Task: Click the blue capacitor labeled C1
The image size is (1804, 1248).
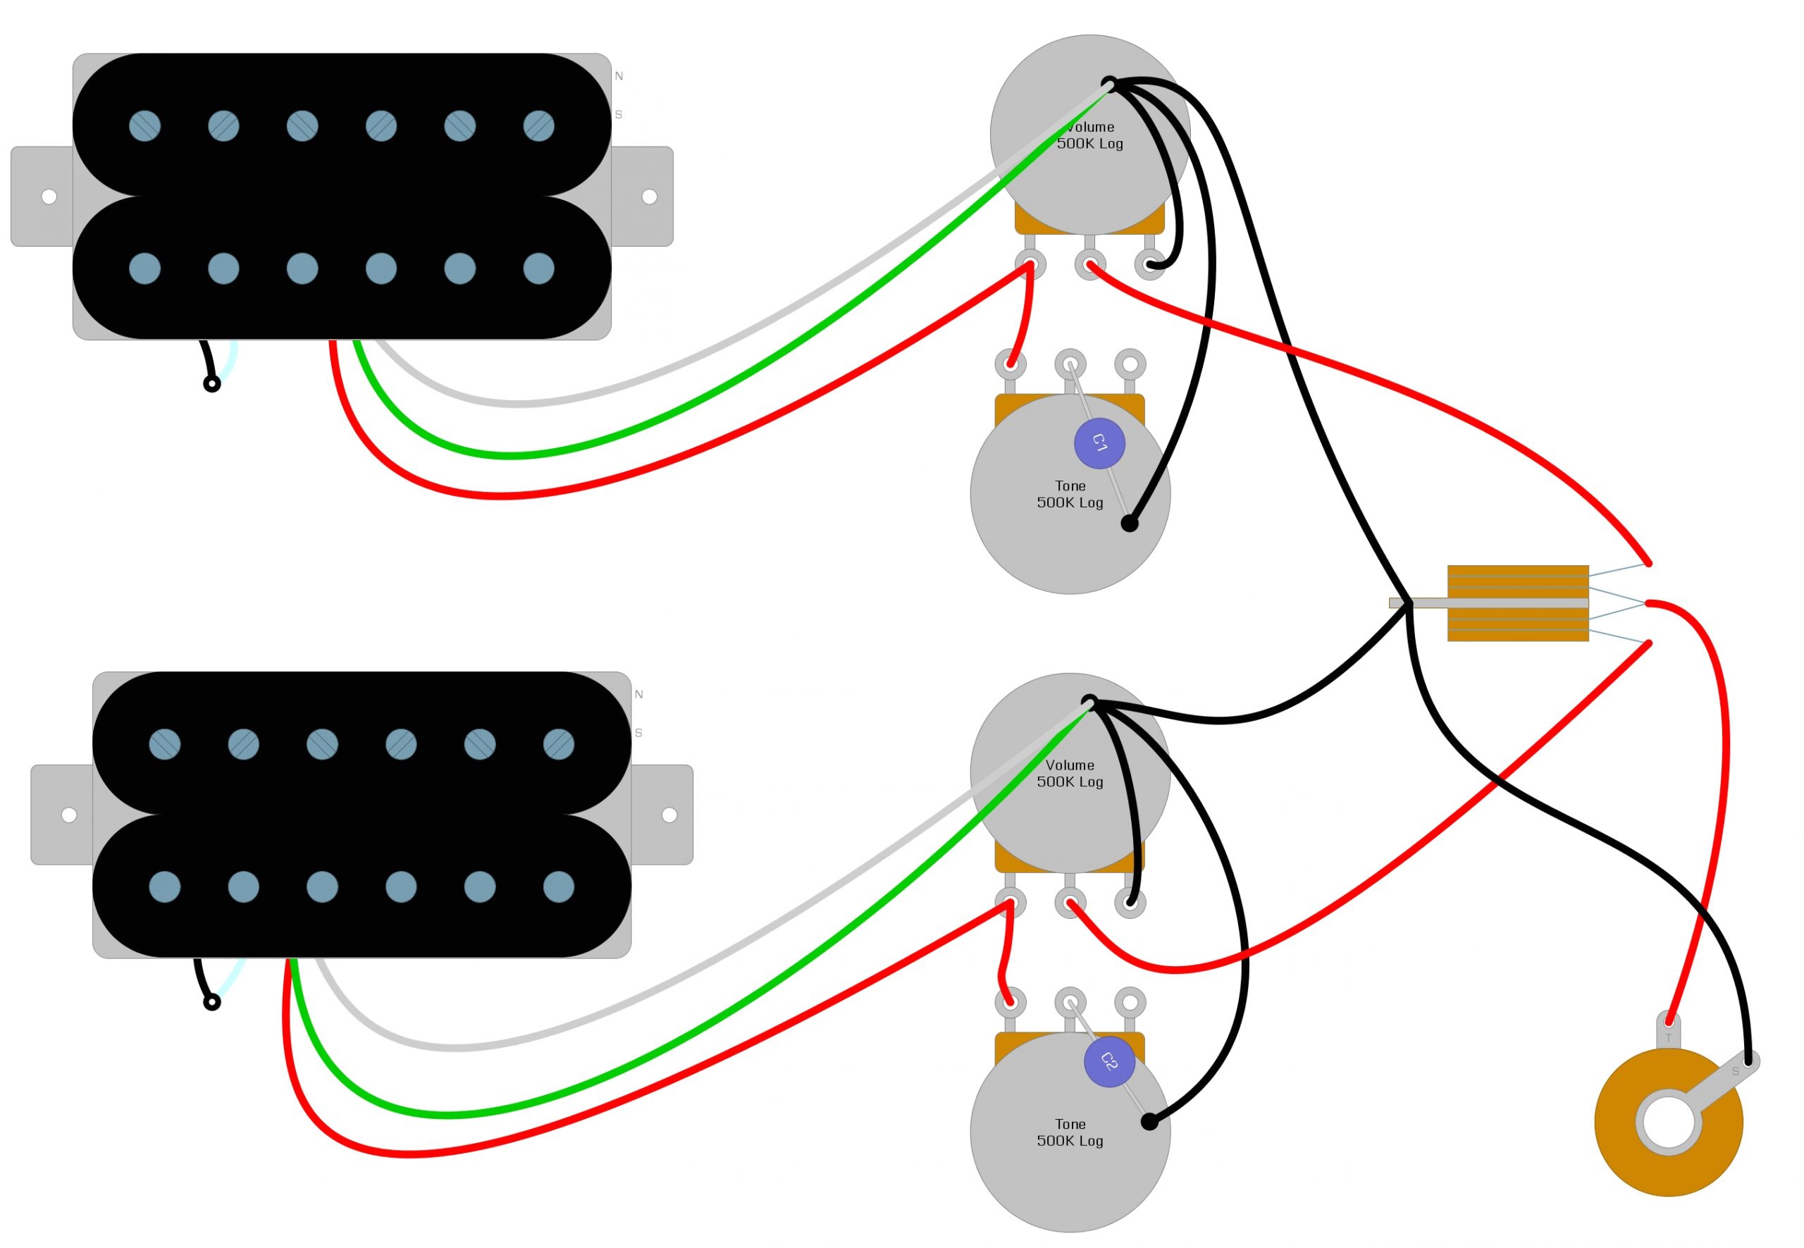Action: click(x=1099, y=443)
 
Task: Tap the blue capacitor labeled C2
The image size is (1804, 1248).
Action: click(x=1109, y=1061)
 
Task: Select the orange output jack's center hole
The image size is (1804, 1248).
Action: click(x=1668, y=1123)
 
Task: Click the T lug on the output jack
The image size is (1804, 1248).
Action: click(x=1668, y=1031)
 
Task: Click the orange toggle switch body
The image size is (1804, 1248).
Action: click(x=1517, y=603)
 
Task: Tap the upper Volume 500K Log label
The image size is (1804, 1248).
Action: click(x=1089, y=135)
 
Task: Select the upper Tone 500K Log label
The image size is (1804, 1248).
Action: click(x=1069, y=494)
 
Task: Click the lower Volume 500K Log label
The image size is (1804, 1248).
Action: click(x=1069, y=773)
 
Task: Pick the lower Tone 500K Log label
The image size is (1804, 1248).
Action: click(x=1069, y=1132)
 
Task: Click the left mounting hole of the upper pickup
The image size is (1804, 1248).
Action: click(x=49, y=197)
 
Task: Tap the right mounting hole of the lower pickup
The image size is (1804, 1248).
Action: click(x=669, y=815)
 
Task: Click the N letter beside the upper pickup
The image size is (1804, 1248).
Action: click(x=619, y=76)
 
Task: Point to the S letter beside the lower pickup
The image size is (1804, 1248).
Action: click(x=638, y=733)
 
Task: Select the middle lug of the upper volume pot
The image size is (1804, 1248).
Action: click(x=1089, y=264)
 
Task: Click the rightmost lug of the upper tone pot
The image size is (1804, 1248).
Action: click(x=1129, y=364)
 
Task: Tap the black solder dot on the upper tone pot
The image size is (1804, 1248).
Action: click(x=1129, y=524)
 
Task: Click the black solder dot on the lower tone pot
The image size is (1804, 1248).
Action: click(x=1149, y=1122)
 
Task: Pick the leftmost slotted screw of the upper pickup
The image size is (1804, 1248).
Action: click(x=144, y=126)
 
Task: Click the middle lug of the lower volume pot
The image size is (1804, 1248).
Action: click(x=1069, y=903)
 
